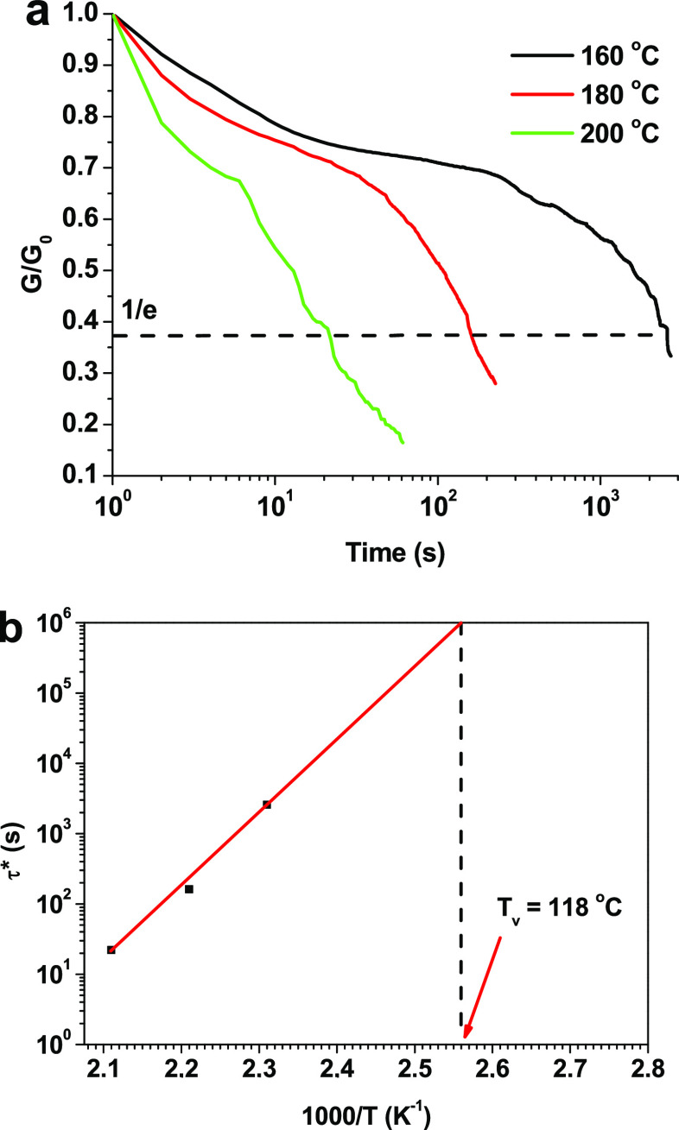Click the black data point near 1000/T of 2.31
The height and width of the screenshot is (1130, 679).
[267, 805]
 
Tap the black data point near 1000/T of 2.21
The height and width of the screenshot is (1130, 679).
[189, 889]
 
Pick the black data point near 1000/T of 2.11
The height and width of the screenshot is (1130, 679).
[111, 950]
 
